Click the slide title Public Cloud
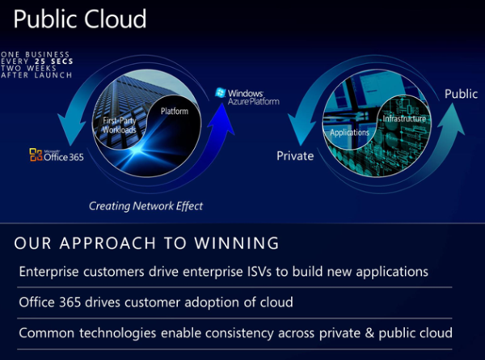pyautogui.click(x=80, y=19)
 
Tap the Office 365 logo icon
pyautogui.click(x=36, y=155)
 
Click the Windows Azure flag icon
pyautogui.click(x=220, y=92)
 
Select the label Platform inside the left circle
pyautogui.click(x=175, y=111)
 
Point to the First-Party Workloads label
pyautogui.click(x=120, y=125)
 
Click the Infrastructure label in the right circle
pyautogui.click(x=404, y=119)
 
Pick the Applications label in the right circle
pyautogui.click(x=349, y=133)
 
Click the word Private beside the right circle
pyautogui.click(x=295, y=155)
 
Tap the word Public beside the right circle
pyautogui.click(x=462, y=94)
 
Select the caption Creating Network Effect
pyautogui.click(x=145, y=206)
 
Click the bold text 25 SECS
pyautogui.click(x=54, y=61)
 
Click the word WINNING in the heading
pyautogui.click(x=237, y=243)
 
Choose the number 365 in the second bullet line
pyautogui.click(x=70, y=302)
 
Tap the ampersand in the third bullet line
pyautogui.click(x=369, y=333)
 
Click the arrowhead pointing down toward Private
pyautogui.click(x=302, y=130)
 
